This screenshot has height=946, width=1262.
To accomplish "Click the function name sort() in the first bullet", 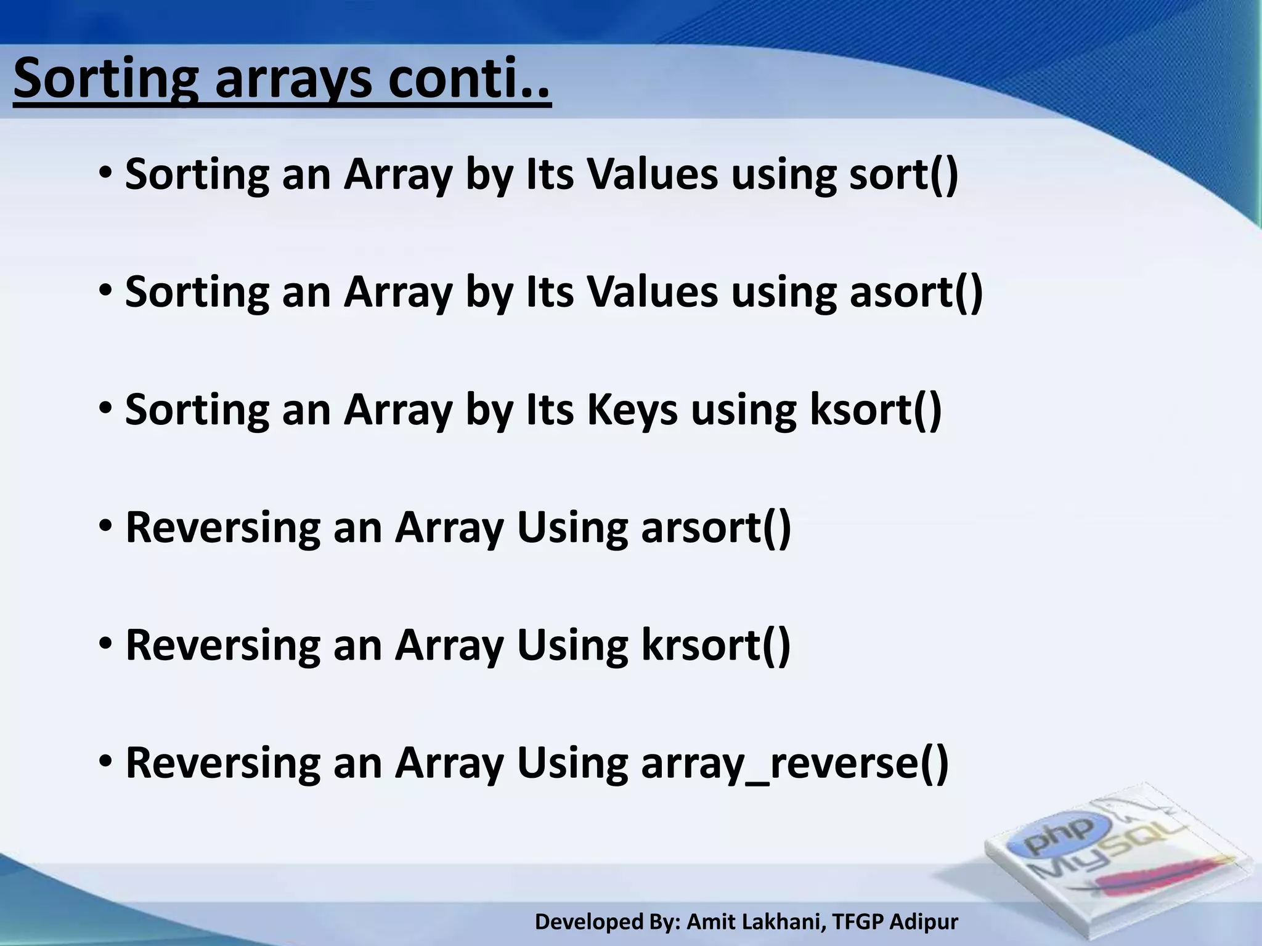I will pos(903,175).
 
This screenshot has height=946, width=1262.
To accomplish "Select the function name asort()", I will pos(916,293).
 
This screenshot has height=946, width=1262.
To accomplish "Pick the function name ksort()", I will pos(875,410).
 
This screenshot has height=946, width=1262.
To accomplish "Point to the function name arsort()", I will pos(715,528).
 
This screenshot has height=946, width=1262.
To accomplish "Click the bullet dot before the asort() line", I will pos(105,289).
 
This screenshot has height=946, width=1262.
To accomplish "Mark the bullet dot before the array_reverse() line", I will pos(105,761).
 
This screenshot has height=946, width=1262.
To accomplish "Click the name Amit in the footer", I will pos(708,922).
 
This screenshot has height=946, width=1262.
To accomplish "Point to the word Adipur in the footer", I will pos(924,922).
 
